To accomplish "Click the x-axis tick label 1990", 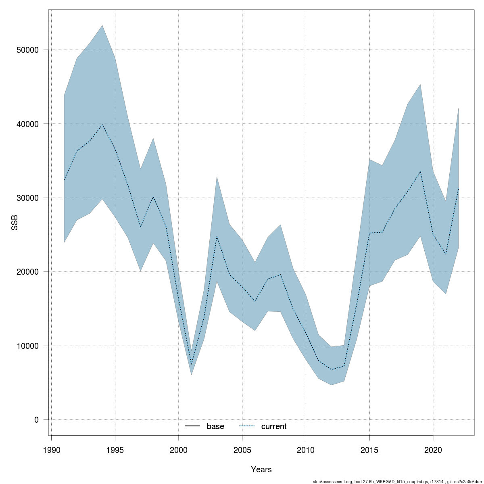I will coord(52,449).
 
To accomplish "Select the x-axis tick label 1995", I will coord(115,449).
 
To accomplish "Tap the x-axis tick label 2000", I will coord(179,449).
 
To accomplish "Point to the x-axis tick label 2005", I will coord(242,449).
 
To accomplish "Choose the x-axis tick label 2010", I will coord(306,449).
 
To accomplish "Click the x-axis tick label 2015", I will coord(369,449).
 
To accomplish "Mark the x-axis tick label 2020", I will coord(433,449).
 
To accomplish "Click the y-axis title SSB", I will coord(15,223).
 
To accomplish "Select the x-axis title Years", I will coord(261,469).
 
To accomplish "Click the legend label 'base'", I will coord(215,426).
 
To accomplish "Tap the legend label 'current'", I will coord(274,426).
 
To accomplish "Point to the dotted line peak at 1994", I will coord(102,125).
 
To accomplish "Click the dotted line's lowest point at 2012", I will coord(331,369).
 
